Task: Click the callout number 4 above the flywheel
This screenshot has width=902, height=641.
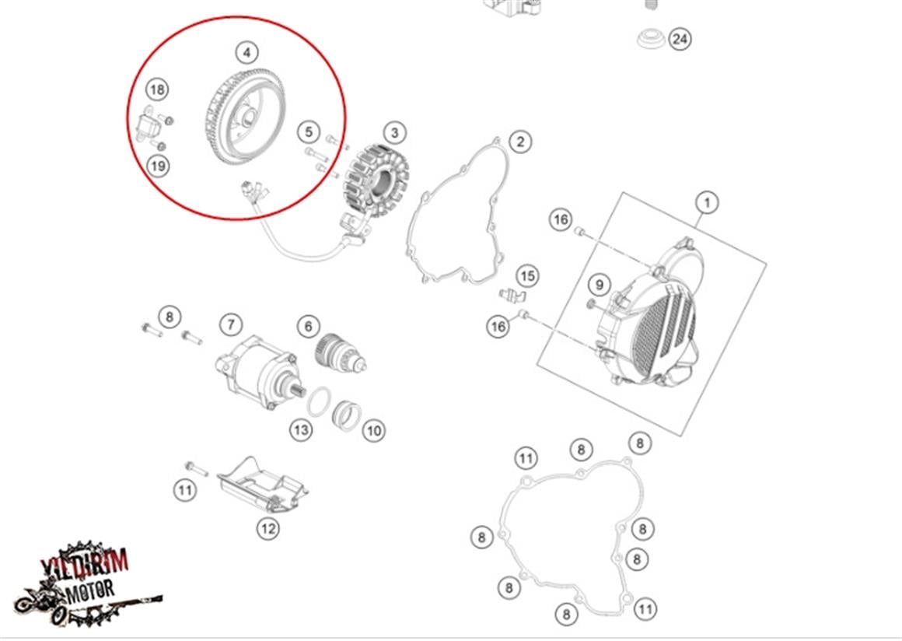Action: coord(246,53)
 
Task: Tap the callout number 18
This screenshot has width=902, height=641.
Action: coord(157,89)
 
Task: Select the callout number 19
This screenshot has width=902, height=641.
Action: coord(158,165)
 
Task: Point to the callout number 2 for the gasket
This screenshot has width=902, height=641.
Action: coord(520,141)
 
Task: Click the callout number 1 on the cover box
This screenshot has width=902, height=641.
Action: coord(707,203)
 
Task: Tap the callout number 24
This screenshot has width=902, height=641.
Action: coord(680,38)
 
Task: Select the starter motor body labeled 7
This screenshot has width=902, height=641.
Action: coord(257,373)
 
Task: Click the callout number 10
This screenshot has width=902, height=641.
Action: coord(374,429)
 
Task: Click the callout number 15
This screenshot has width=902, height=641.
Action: coord(527,275)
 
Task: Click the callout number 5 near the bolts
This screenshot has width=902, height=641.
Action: coord(309,132)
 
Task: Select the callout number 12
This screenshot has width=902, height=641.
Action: coord(267,529)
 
